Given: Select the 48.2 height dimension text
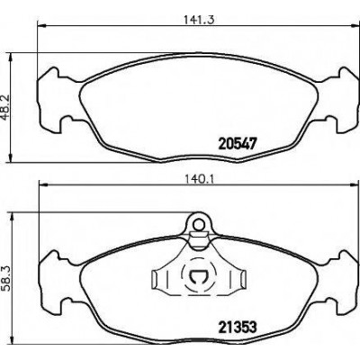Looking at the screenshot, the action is click(6, 107).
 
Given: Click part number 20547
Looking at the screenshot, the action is click(238, 144).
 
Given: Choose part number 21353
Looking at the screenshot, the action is click(237, 327).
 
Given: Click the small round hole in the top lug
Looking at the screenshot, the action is click(198, 224).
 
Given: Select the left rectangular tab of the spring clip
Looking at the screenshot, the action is click(155, 278).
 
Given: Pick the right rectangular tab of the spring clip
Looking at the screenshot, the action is click(241, 278).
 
